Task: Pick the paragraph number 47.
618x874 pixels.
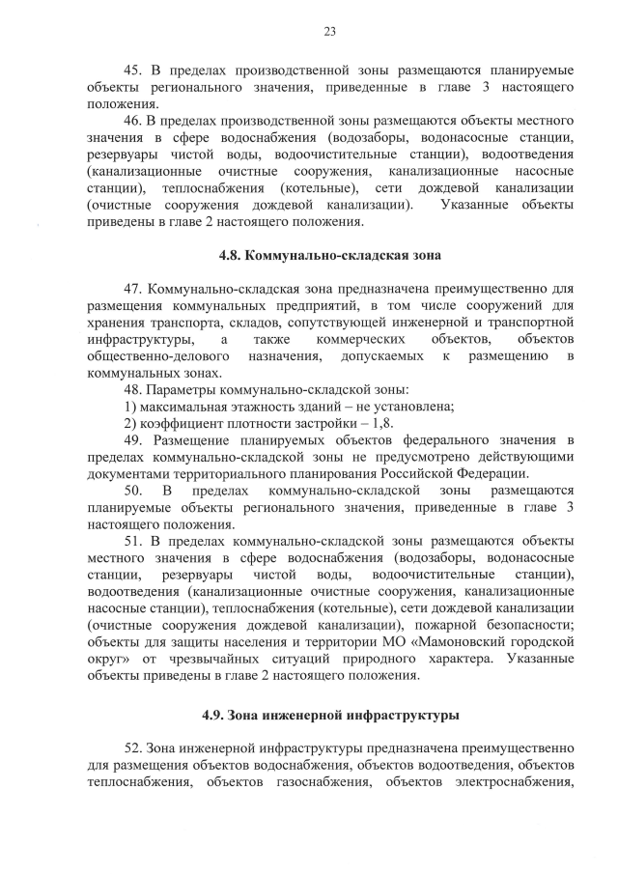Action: click(x=134, y=289)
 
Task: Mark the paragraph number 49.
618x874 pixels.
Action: click(x=134, y=439)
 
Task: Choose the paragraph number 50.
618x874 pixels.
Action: click(x=134, y=491)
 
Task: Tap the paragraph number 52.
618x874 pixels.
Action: click(x=134, y=748)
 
